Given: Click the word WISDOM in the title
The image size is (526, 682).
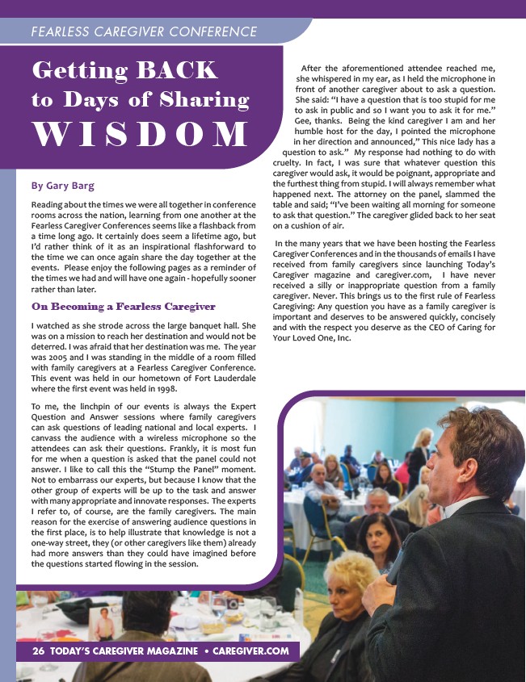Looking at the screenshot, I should tap(140, 134).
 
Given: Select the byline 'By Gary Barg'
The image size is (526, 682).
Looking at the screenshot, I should tap(63, 186).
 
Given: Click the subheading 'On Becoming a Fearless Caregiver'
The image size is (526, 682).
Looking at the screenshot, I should tap(112, 307).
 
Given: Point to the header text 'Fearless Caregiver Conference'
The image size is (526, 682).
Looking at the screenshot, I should tap(143, 32).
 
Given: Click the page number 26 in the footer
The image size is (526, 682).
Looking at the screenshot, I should tap(37, 651).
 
